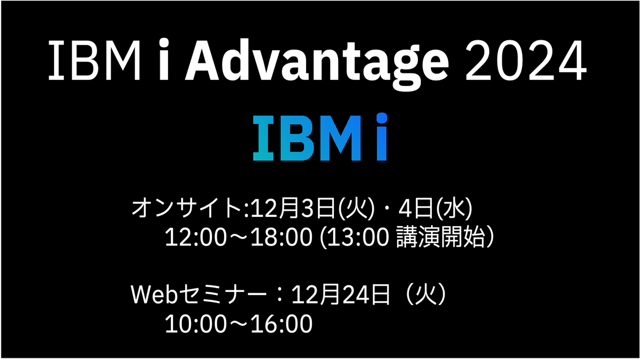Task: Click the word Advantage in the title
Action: point(317,63)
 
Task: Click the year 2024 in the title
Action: point(526,60)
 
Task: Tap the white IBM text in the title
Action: point(94,60)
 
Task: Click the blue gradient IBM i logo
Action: point(320,137)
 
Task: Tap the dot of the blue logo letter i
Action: point(381,117)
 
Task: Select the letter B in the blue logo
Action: point(297,138)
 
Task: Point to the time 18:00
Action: point(281,237)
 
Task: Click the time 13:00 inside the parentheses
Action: point(357,237)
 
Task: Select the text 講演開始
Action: point(440,237)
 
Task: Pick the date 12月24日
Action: point(340,294)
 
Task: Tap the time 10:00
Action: point(195,323)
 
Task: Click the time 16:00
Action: point(281,323)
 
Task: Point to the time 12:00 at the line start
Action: point(195,237)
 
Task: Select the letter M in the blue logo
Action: point(340,138)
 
